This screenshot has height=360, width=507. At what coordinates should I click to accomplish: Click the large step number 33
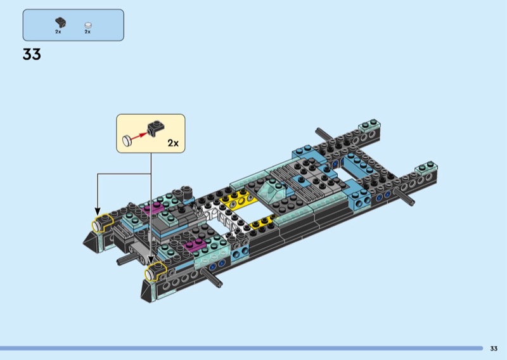(x=32, y=54)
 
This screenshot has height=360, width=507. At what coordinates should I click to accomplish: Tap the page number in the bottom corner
(x=494, y=349)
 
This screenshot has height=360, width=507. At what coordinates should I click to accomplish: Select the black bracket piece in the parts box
(x=60, y=22)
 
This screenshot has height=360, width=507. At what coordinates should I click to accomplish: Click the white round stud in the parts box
(x=88, y=25)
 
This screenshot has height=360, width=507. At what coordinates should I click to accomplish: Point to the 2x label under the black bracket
(x=58, y=32)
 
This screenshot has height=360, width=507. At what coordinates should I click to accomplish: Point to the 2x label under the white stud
(x=87, y=32)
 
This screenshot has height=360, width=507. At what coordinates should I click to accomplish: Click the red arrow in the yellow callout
(x=139, y=135)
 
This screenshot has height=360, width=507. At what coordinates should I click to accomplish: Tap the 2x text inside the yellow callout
(x=173, y=143)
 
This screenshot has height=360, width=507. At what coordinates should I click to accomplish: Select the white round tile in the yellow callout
(x=127, y=141)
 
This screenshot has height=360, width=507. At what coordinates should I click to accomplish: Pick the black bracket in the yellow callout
(x=156, y=128)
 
